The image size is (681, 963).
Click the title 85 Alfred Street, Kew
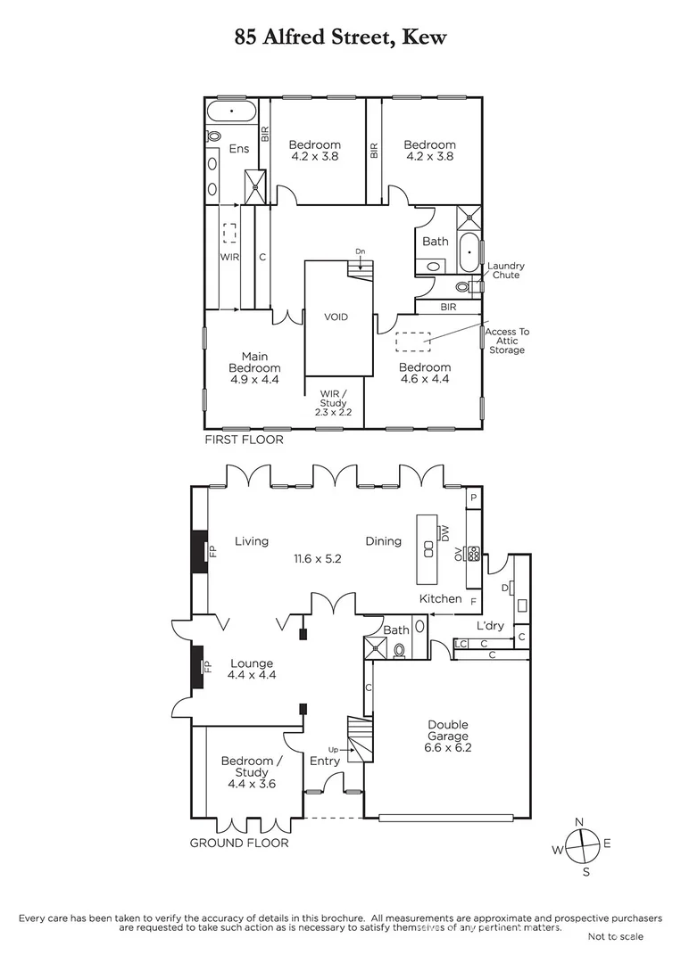340,37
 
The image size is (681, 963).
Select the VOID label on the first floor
336,317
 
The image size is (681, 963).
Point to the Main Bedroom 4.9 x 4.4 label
254,368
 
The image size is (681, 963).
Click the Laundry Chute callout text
505,270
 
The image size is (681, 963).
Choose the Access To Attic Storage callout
507,341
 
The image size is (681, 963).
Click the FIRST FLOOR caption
244,440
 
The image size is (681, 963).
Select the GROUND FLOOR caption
239,843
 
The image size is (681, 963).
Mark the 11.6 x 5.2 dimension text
318,559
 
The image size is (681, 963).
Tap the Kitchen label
441,599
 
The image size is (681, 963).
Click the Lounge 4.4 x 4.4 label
251,669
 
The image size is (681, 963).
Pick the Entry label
324,761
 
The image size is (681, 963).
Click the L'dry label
490,626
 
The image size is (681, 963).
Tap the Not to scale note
615,936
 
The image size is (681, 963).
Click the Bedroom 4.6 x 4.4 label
424,373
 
